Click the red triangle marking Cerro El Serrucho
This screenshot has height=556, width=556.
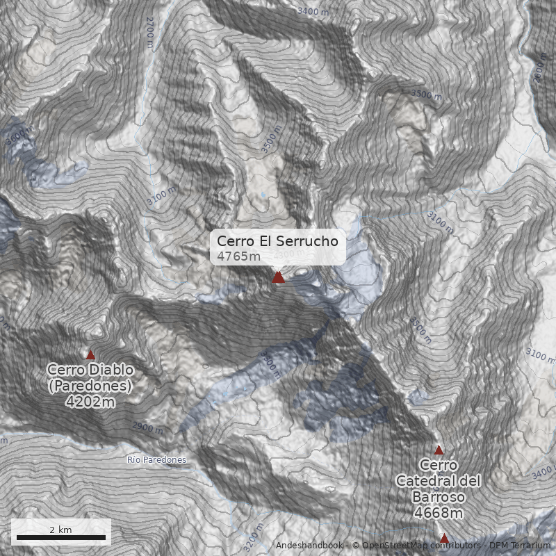pos(278,277)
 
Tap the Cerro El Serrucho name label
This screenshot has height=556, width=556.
pos(277,241)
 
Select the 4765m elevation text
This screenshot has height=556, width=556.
pos(236,256)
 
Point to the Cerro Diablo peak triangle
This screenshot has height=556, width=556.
pos(90,355)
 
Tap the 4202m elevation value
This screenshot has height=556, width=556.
pos(90,401)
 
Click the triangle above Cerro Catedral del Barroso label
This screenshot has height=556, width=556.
pos(439,450)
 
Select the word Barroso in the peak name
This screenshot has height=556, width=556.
pos(438,497)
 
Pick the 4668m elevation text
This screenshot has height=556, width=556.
pos(438,514)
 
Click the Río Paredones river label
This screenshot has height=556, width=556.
pos(157,460)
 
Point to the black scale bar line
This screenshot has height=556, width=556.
pos(61,537)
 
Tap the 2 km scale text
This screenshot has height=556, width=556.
pos(60,530)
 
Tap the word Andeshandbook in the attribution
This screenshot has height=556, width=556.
pos(309,546)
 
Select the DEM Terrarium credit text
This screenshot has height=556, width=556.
pos(520,546)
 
